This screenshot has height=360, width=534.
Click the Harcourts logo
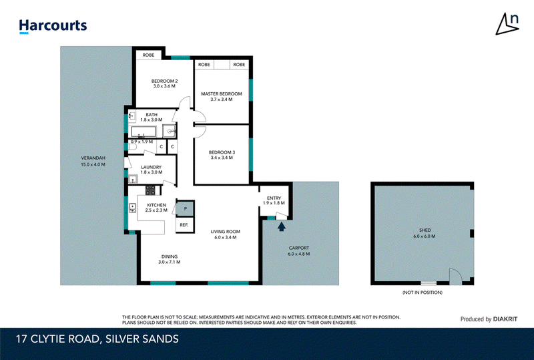53,26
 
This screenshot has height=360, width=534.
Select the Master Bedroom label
222,94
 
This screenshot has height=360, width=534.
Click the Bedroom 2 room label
164,81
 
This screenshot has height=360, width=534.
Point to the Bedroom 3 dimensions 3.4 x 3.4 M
222,158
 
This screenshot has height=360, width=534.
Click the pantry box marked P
186,208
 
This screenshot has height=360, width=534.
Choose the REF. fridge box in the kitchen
185,225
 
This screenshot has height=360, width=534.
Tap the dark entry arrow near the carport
281,226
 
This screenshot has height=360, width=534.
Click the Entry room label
274,198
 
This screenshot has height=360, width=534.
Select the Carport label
299,248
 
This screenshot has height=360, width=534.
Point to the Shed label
425,230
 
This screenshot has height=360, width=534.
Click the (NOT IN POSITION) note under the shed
423,293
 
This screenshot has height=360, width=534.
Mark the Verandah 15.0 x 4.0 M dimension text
93,164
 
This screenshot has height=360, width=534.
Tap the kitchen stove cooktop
151,190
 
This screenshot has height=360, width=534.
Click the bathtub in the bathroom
144,132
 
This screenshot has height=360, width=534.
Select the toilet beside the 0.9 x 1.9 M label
132,147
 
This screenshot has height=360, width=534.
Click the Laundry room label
152,167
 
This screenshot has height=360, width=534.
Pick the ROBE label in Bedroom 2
148,55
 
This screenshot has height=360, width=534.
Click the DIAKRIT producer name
505,319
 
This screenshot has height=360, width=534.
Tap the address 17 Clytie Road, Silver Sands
97,339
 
